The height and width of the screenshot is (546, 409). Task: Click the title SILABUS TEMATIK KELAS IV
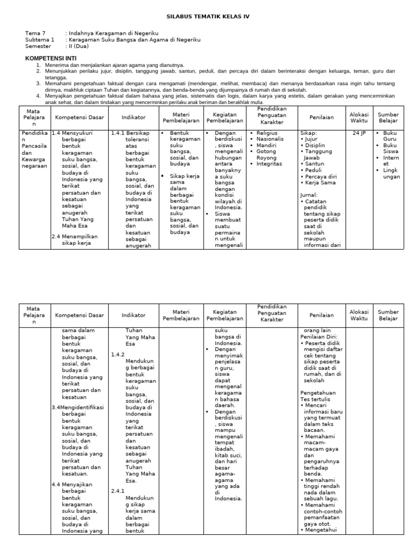pos(204,17)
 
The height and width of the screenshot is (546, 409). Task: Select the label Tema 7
pos(36,33)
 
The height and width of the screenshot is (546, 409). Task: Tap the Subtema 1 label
pos(39,39)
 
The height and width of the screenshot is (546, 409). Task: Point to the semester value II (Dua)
pos(79,46)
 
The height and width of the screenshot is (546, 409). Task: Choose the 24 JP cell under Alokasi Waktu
pos(359,133)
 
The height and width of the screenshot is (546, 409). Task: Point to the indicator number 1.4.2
pos(118,354)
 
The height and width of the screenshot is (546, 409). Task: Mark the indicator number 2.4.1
pos(118,491)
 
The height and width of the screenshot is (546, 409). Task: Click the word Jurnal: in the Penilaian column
pos(309,195)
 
